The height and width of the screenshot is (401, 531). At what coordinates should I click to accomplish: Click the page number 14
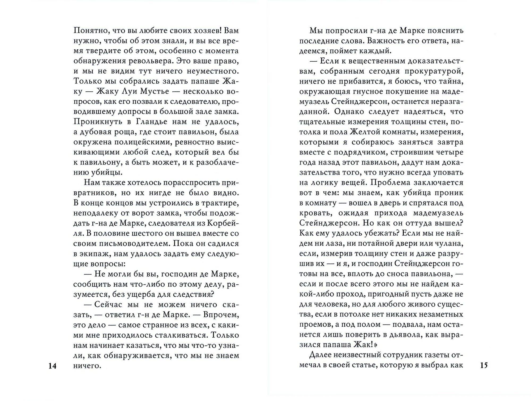point(53,366)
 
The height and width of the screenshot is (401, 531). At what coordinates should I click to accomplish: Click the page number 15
point(484,365)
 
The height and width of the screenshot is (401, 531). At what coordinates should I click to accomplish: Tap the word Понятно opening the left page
point(90,31)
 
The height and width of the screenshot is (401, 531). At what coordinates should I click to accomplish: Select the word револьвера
point(140,61)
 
